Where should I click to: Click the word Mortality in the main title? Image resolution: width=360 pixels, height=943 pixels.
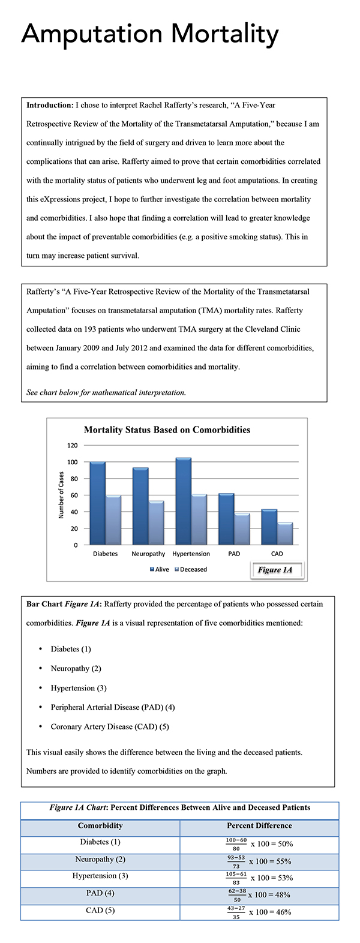click(x=224, y=35)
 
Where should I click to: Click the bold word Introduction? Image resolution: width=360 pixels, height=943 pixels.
click(x=50, y=105)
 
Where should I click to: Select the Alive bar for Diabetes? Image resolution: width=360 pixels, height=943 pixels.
click(x=97, y=503)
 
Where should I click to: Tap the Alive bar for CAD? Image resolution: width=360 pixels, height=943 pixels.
click(x=269, y=527)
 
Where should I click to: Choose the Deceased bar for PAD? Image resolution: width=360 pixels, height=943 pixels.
click(x=242, y=529)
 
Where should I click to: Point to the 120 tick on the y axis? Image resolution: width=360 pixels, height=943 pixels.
click(x=73, y=446)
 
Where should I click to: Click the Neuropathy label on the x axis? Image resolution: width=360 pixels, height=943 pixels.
click(x=148, y=554)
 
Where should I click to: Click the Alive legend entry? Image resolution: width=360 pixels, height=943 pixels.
click(x=160, y=569)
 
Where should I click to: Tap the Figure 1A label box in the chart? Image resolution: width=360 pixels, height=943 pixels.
click(x=275, y=570)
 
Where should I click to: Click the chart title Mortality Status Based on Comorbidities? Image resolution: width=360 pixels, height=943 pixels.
click(x=167, y=430)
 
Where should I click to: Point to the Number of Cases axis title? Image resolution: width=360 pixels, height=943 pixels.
click(x=61, y=495)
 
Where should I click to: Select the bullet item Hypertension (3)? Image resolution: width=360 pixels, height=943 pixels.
click(x=79, y=688)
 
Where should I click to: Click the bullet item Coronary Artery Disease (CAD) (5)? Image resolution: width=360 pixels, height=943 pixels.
click(x=110, y=726)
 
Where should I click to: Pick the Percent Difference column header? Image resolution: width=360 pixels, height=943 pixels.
click(x=259, y=826)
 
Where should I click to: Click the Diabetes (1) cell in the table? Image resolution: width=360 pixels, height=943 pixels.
click(x=100, y=842)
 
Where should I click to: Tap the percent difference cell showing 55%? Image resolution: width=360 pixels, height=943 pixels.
click(x=259, y=861)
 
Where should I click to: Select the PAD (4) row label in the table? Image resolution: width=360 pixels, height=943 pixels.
click(x=100, y=893)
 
